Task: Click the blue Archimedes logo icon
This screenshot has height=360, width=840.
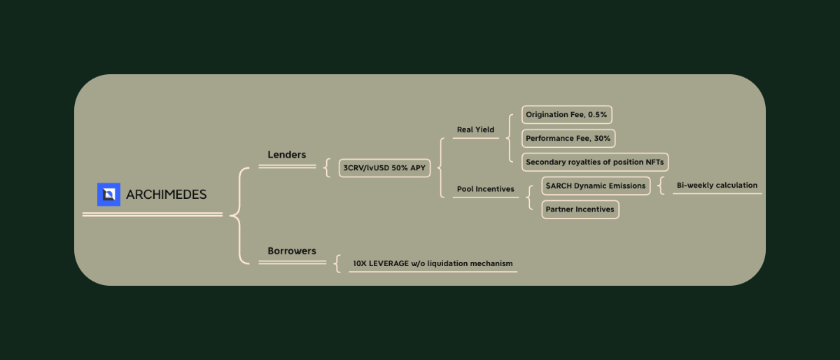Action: (108, 195)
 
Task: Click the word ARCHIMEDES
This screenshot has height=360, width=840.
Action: (167, 195)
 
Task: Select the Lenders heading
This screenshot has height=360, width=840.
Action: (287, 155)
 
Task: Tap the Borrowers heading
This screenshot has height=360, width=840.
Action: (292, 251)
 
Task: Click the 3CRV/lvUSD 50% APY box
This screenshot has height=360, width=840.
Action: (384, 168)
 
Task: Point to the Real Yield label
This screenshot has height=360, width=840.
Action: (475, 130)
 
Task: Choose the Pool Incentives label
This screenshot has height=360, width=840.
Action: (485, 189)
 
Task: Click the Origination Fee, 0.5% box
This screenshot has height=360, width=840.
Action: (566, 115)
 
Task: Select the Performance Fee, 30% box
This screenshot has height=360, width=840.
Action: (568, 139)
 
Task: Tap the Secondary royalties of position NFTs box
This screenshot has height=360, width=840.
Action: (595, 162)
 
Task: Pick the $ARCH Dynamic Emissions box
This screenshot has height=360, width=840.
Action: (596, 186)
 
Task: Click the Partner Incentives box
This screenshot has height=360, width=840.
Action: (580, 209)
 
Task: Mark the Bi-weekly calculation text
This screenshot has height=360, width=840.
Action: (717, 186)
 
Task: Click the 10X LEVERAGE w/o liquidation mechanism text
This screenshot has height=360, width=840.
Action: (433, 263)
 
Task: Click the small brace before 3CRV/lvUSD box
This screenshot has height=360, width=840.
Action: (327, 168)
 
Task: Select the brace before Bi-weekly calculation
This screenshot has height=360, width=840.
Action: (661, 186)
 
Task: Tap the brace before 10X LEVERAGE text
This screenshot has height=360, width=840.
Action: (337, 263)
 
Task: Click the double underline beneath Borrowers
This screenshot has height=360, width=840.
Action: (292, 262)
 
